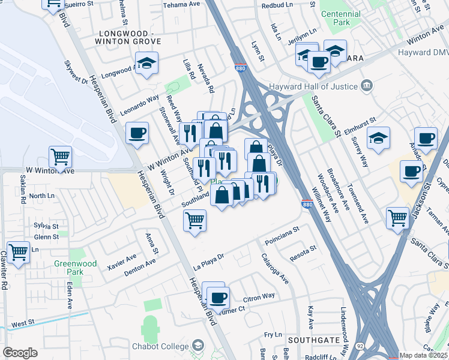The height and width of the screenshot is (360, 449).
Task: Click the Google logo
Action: point(20,353)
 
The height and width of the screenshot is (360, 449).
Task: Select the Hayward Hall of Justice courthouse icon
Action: point(367,86)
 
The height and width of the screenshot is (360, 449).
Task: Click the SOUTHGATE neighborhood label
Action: point(310,340)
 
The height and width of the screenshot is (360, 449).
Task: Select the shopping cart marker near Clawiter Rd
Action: point(18,251)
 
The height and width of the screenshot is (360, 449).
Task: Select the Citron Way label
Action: point(259,296)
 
